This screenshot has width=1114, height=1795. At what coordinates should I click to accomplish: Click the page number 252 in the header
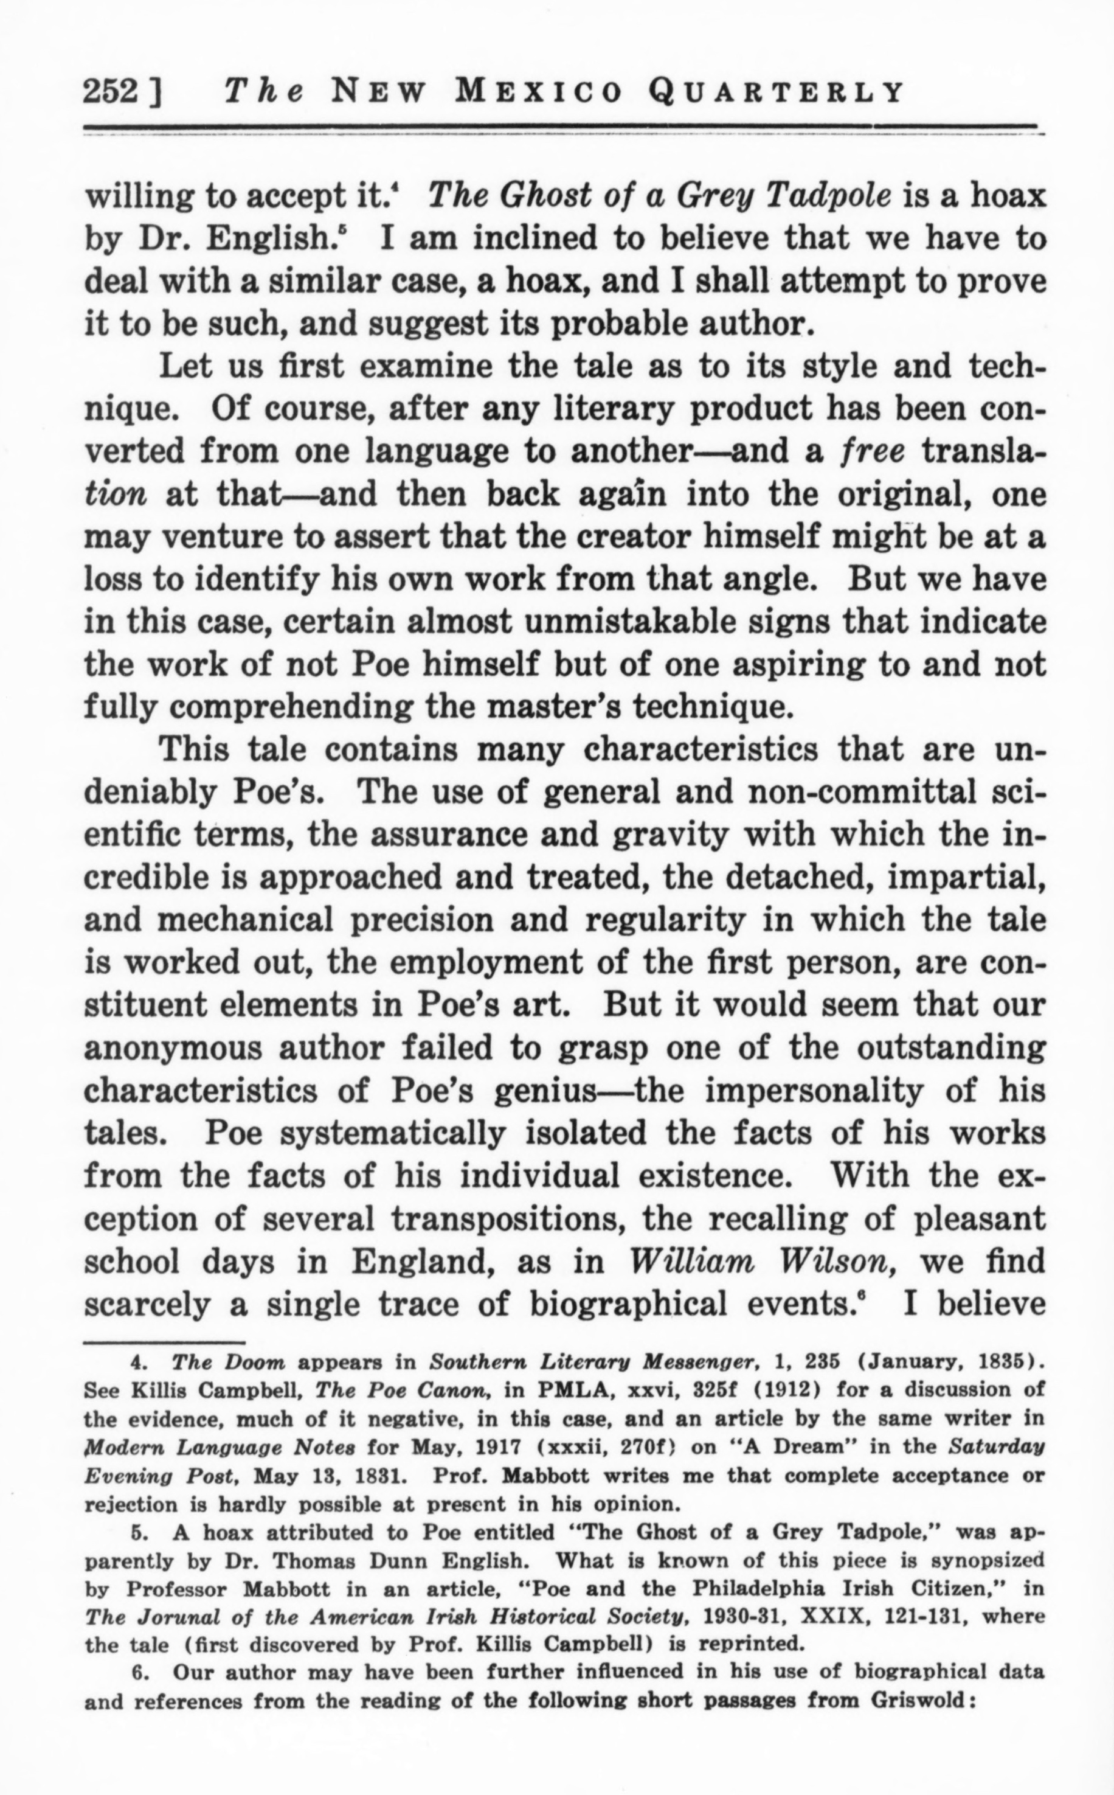(x=111, y=92)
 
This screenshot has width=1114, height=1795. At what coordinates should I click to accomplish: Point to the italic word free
(x=873, y=451)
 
